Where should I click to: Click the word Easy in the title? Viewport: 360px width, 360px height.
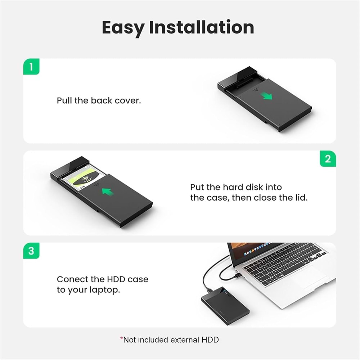(123, 28)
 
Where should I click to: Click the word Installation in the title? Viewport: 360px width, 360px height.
(202, 28)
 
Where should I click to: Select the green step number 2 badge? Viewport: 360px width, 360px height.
(328, 159)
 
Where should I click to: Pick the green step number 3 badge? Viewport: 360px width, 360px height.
(31, 251)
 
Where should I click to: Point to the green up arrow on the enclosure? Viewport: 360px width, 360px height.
(107, 192)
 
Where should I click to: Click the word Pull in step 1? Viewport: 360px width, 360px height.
(64, 100)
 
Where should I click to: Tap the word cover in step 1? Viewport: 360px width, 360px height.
(127, 100)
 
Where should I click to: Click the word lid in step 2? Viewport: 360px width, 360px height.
(300, 198)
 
